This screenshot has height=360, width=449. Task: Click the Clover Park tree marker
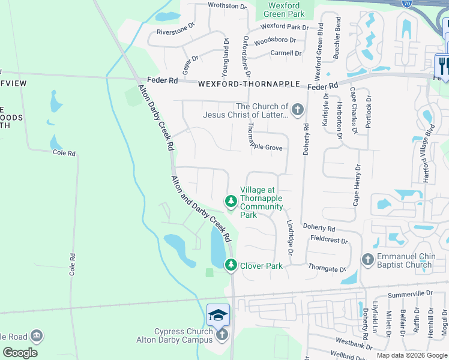(x=231, y=265)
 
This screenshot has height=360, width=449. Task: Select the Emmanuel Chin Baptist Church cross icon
(x=367, y=260)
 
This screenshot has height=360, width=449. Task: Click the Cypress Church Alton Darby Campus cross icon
(x=222, y=334)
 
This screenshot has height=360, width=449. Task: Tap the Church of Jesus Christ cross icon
(x=297, y=110)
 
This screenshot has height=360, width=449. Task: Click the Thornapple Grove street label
(x=265, y=146)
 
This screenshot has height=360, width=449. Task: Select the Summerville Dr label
(x=410, y=293)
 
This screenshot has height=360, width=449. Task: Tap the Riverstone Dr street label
(x=176, y=29)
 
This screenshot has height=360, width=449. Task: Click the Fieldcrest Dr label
(x=329, y=239)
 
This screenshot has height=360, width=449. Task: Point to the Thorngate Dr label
(x=327, y=268)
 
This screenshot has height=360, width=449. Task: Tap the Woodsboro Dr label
(x=275, y=41)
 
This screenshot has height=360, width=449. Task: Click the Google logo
(x=20, y=352)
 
